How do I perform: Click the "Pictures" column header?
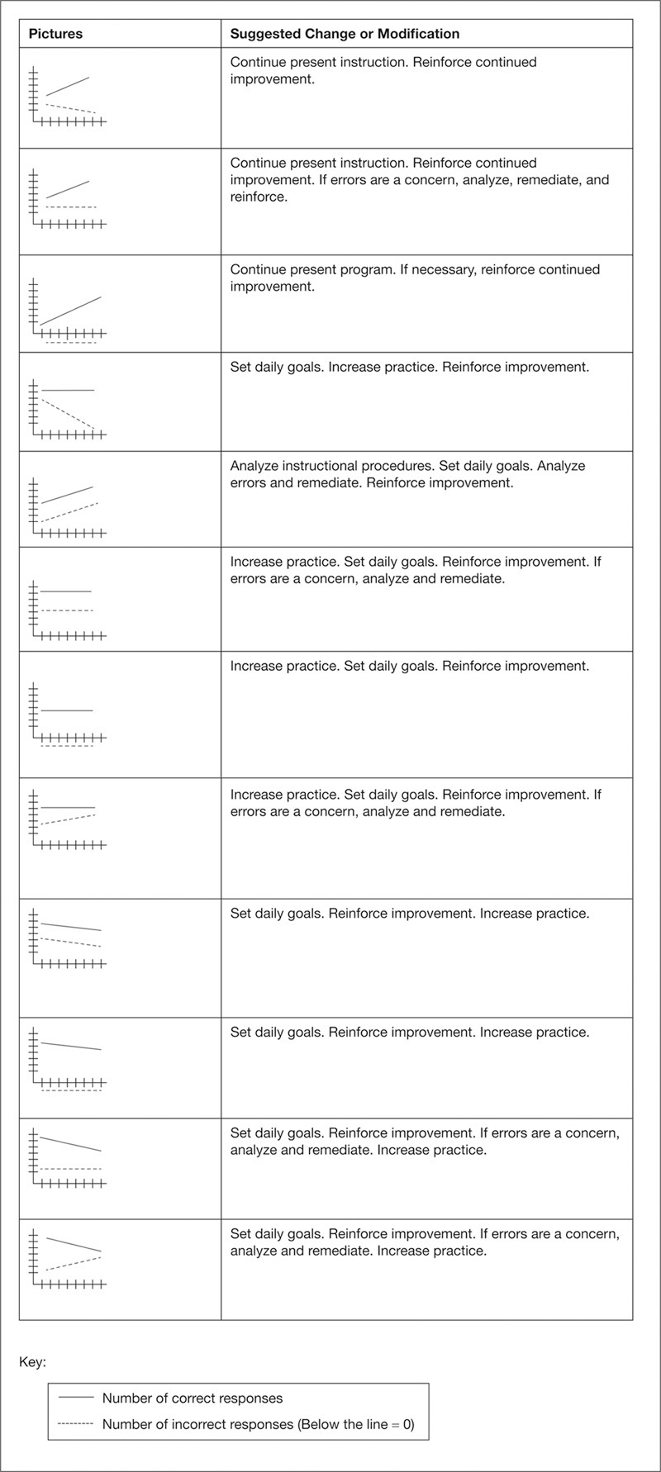point(55,35)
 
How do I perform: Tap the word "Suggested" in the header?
point(262,35)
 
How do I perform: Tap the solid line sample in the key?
point(75,1398)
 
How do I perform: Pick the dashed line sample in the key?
point(75,1424)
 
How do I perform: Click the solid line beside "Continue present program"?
point(70,310)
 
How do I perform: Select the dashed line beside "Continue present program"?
point(70,342)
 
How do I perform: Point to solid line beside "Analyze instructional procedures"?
point(66,495)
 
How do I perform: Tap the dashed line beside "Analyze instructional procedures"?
point(70,511)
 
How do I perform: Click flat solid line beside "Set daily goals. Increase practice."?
point(67,389)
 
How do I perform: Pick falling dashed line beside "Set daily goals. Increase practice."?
point(68,415)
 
